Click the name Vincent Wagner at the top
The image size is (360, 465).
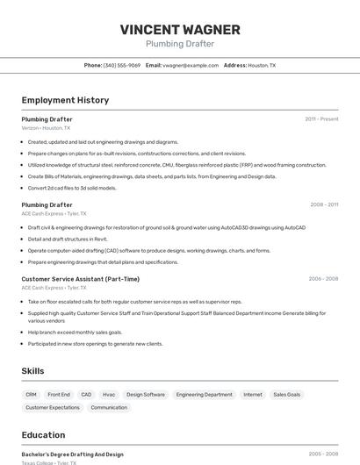[x=179, y=29]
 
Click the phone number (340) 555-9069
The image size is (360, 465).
[x=122, y=65]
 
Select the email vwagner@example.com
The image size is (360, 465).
[x=191, y=65]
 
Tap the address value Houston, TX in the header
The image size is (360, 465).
[x=262, y=65]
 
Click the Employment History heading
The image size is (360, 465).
[x=65, y=100]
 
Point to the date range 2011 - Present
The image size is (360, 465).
[x=321, y=119]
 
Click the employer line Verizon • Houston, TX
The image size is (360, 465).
[x=46, y=128]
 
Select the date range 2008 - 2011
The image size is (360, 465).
[x=324, y=204]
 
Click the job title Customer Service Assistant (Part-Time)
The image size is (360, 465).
[x=80, y=279]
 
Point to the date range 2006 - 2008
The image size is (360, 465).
[x=323, y=279]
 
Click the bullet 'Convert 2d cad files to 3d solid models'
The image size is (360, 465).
[x=72, y=188]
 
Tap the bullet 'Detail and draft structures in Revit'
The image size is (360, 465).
[x=68, y=239]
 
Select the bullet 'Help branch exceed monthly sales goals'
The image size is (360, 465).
[x=75, y=333]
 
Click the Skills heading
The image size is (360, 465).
[x=32, y=371]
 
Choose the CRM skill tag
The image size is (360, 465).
[x=32, y=395]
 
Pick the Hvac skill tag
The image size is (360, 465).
[x=109, y=395]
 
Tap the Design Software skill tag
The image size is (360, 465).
[x=146, y=395]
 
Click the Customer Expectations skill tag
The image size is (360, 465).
[x=53, y=407]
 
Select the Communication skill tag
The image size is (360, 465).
[x=109, y=407]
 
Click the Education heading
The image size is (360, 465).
[x=43, y=435]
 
